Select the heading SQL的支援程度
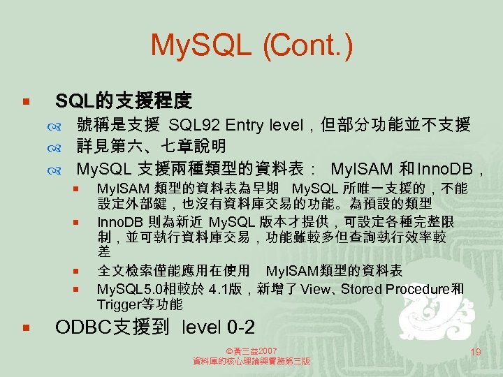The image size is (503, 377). click(x=123, y=101)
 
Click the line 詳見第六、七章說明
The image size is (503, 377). click(x=151, y=147)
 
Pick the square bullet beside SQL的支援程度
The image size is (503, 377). click(x=24, y=102)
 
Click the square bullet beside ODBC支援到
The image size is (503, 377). click(x=24, y=327)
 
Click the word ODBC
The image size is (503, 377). click(x=78, y=327)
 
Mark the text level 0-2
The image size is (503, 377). click(x=218, y=327)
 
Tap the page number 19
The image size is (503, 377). click(x=476, y=352)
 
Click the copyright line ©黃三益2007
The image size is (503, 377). click(x=251, y=350)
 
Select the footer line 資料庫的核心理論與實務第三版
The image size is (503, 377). click(x=251, y=362)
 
